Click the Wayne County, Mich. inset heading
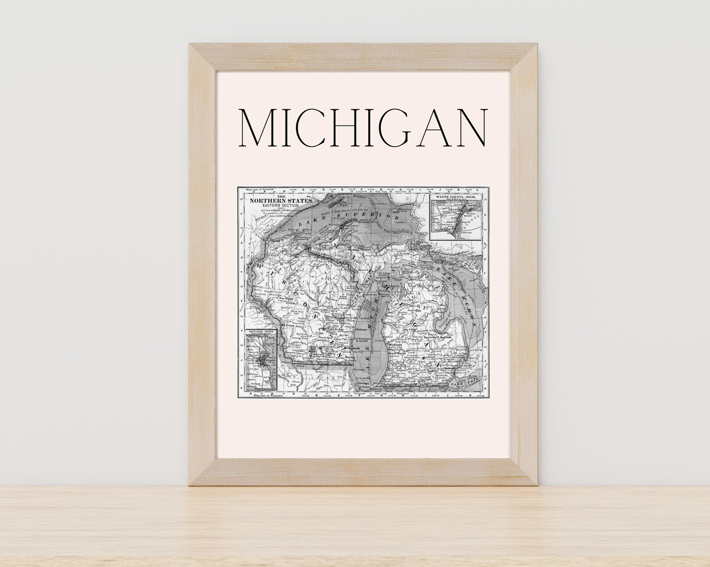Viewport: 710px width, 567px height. pyautogui.click(x=456, y=197)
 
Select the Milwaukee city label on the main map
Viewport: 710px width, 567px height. pyautogui.click(x=351, y=348)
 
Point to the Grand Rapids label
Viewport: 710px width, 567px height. pyautogui.click(x=400, y=353)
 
